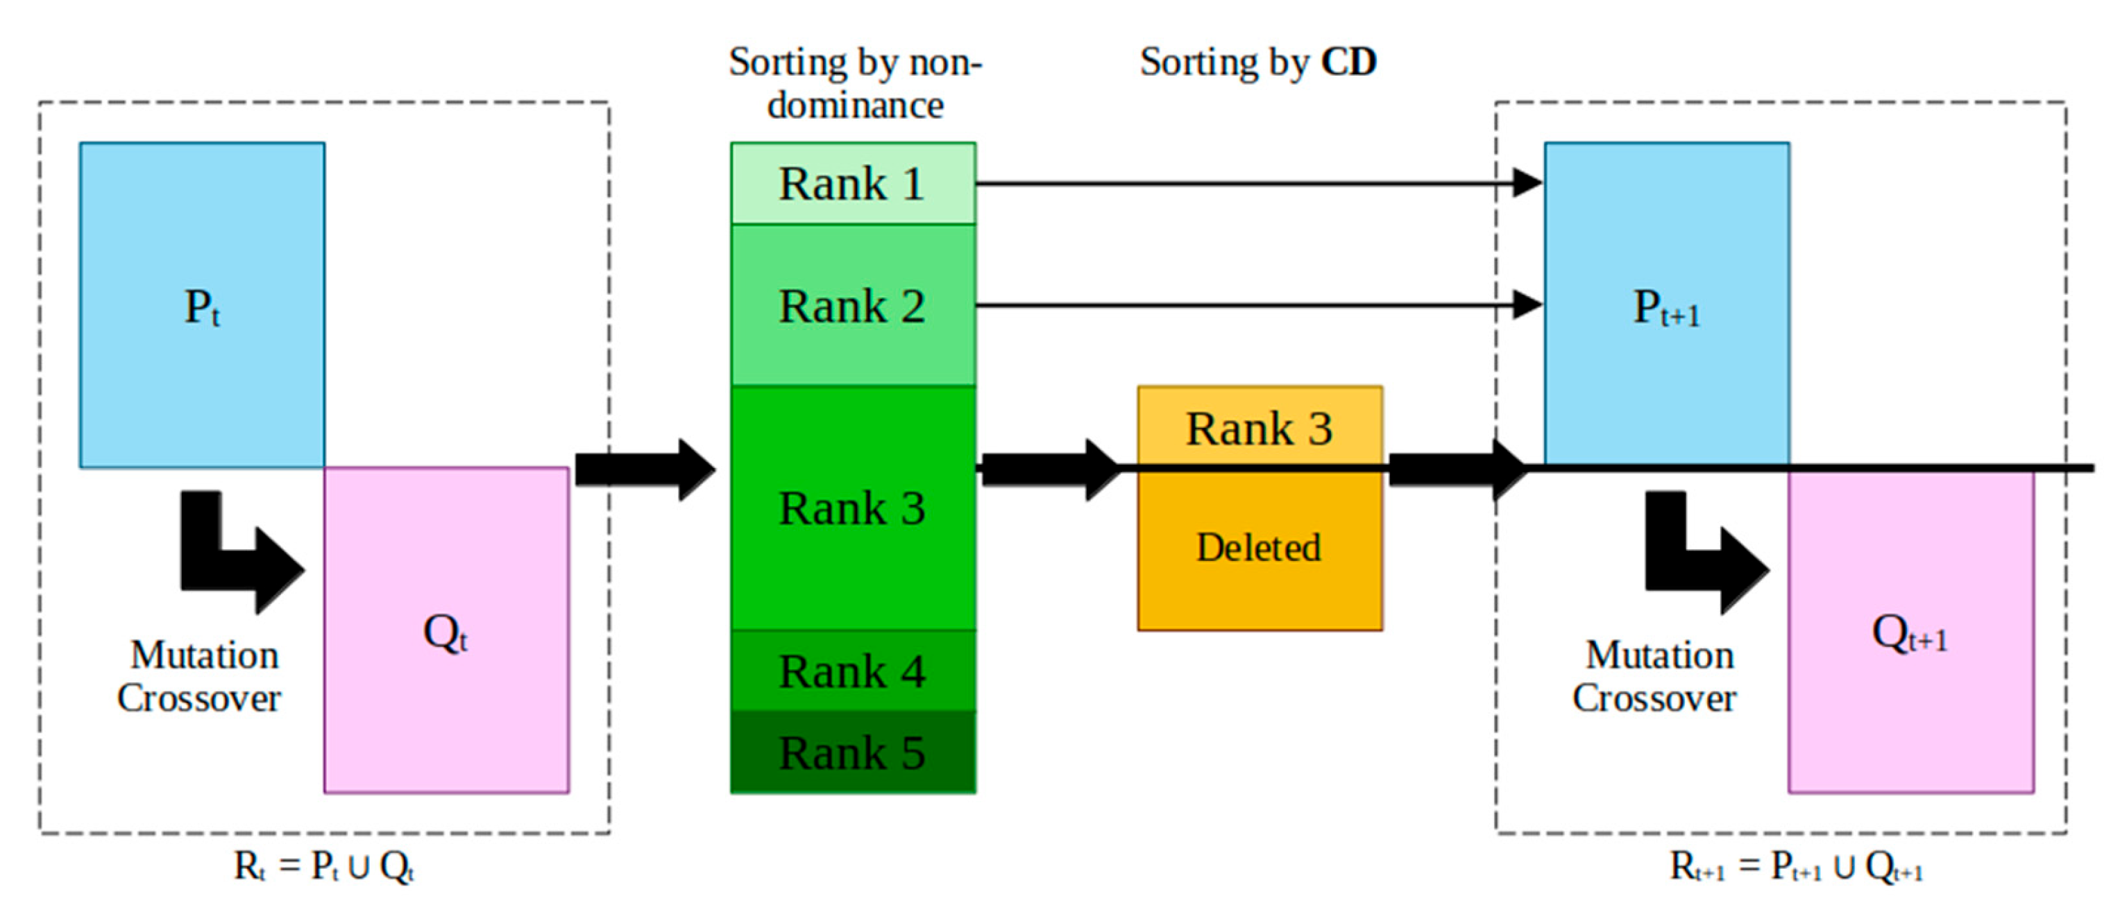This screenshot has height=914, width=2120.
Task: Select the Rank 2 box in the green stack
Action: click(853, 305)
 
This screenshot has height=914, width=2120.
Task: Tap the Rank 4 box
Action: click(853, 671)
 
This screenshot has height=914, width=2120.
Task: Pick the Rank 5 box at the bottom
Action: click(853, 752)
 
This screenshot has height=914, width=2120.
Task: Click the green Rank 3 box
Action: click(853, 508)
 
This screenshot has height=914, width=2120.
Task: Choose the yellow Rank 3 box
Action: click(1259, 428)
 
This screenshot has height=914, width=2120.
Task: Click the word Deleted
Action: click(1259, 548)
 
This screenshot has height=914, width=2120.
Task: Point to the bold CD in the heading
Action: click(1349, 62)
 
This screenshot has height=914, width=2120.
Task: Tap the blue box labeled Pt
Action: click(202, 305)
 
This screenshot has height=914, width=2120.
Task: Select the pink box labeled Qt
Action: click(446, 630)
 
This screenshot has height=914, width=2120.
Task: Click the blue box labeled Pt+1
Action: click(1667, 305)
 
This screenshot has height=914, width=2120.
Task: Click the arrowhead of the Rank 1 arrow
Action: click(1528, 182)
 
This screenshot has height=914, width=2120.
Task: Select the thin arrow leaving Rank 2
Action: click(1235, 305)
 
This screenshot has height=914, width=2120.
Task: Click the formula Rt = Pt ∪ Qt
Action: click(323, 866)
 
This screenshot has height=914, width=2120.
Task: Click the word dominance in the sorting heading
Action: click(855, 105)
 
